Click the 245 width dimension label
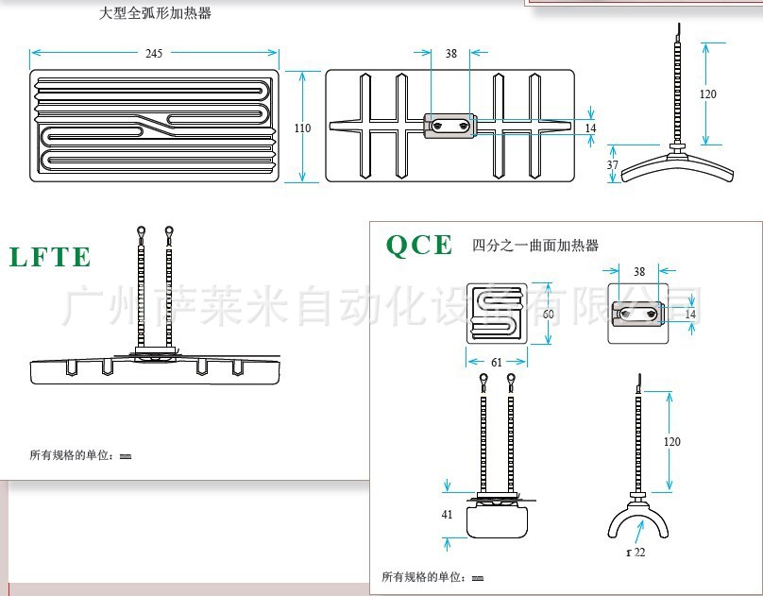pyautogui.click(x=154, y=54)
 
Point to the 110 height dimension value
pyautogui.click(x=302, y=128)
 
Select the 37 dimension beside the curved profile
pyautogui.click(x=612, y=164)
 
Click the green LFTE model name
pyautogui.click(x=50, y=257)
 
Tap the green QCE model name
pyautogui.click(x=419, y=245)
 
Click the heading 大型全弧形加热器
pyautogui.click(x=156, y=13)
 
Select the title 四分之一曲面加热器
pyautogui.click(x=535, y=246)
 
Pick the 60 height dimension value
pyautogui.click(x=548, y=314)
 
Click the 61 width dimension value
pyautogui.click(x=497, y=361)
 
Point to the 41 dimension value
pyautogui.click(x=447, y=515)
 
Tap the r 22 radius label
pyautogui.click(x=636, y=552)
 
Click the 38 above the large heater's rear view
pyautogui.click(x=451, y=54)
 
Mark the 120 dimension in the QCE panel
pyautogui.click(x=671, y=441)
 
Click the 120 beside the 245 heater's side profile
pyautogui.click(x=708, y=94)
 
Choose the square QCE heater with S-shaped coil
pyautogui.click(x=497, y=314)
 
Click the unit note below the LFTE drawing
pyautogui.click(x=80, y=456)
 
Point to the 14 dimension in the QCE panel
pyautogui.click(x=690, y=314)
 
